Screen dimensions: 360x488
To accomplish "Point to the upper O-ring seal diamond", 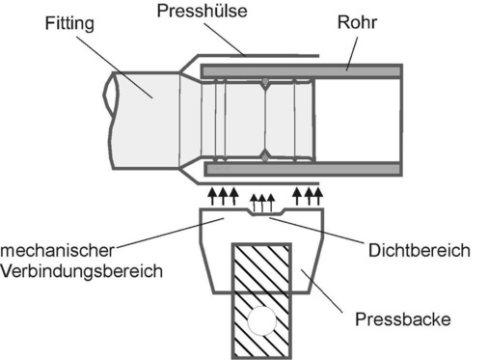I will coord(264,84).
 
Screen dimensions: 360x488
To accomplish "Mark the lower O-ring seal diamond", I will coord(264,154).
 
